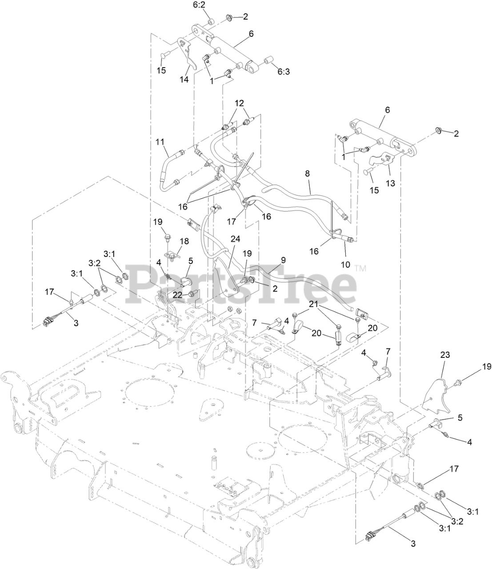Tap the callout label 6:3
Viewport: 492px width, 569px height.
283,71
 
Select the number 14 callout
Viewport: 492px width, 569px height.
184,80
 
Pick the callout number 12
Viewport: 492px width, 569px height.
240,103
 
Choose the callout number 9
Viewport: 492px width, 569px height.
283,260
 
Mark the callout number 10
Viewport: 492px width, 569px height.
345,264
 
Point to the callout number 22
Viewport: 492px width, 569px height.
177,294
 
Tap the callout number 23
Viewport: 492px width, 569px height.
445,355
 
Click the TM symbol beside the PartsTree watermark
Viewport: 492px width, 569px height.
360,268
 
